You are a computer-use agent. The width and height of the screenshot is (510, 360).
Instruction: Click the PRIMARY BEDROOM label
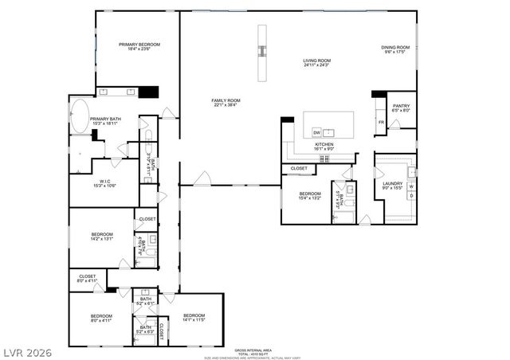click(x=139, y=46)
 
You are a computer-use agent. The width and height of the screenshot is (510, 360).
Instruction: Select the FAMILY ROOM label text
click(x=226, y=103)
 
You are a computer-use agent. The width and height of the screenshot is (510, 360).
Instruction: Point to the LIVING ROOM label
click(x=316, y=63)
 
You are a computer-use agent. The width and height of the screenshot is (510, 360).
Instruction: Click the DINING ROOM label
click(x=395, y=49)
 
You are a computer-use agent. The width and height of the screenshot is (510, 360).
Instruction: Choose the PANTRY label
click(x=400, y=108)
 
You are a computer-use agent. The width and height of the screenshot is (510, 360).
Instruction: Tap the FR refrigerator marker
click(x=381, y=122)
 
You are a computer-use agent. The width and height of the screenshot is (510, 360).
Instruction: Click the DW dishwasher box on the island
click(x=317, y=132)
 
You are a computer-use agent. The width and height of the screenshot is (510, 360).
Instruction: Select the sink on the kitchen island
click(x=335, y=132)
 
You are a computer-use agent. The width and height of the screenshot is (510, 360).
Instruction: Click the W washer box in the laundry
click(x=410, y=186)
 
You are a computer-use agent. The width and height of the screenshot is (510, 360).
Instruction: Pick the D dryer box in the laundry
click(x=410, y=196)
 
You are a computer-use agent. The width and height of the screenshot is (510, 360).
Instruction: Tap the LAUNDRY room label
click(x=392, y=186)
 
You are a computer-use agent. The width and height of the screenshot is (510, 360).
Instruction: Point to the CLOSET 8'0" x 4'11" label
click(x=87, y=278)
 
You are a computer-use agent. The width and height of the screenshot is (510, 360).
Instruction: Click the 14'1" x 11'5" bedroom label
click(x=194, y=318)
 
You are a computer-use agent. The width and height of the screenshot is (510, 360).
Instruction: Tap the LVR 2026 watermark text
click(x=25, y=350)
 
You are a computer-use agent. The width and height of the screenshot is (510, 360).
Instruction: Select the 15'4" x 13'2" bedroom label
click(x=309, y=196)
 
